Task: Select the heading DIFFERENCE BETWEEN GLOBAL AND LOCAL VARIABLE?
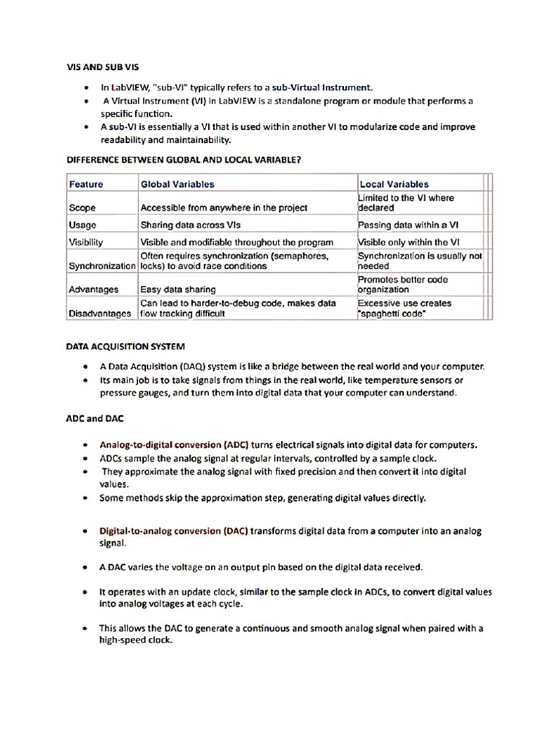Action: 184,160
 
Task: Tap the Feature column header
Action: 86,184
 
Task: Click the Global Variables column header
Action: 177,184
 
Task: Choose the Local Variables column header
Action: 394,184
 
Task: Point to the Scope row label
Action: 82,208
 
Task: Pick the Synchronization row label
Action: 102,266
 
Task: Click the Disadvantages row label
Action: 100,314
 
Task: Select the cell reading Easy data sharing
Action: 178,290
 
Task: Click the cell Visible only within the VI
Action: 409,243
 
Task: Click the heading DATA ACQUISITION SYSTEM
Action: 126,347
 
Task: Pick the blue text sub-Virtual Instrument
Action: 322,87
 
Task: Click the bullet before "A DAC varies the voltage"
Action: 86,567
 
